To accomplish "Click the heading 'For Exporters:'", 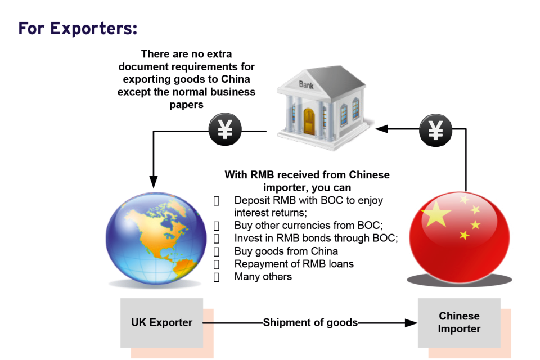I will pos(78,28).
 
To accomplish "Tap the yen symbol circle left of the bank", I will pos(225,130).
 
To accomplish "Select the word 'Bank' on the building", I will pos(307,85).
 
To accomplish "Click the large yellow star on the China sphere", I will pos(436,214).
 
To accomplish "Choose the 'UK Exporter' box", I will pos(162,323).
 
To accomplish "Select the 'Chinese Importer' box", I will pos(459,323).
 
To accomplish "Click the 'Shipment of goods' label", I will pos(310,323).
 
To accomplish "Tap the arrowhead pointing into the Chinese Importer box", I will pos(412,323).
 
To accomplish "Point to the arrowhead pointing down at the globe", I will pos(152,182).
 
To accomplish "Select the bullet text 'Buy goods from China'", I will pos(286,251).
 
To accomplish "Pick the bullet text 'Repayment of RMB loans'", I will pos(294,264).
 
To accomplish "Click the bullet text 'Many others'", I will pos(263,277).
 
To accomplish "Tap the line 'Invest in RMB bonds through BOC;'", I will pos(316,238).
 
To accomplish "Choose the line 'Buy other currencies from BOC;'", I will pos(308,225).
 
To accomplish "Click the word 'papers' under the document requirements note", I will pos(186,105).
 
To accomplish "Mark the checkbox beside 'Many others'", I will pos(217,277).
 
